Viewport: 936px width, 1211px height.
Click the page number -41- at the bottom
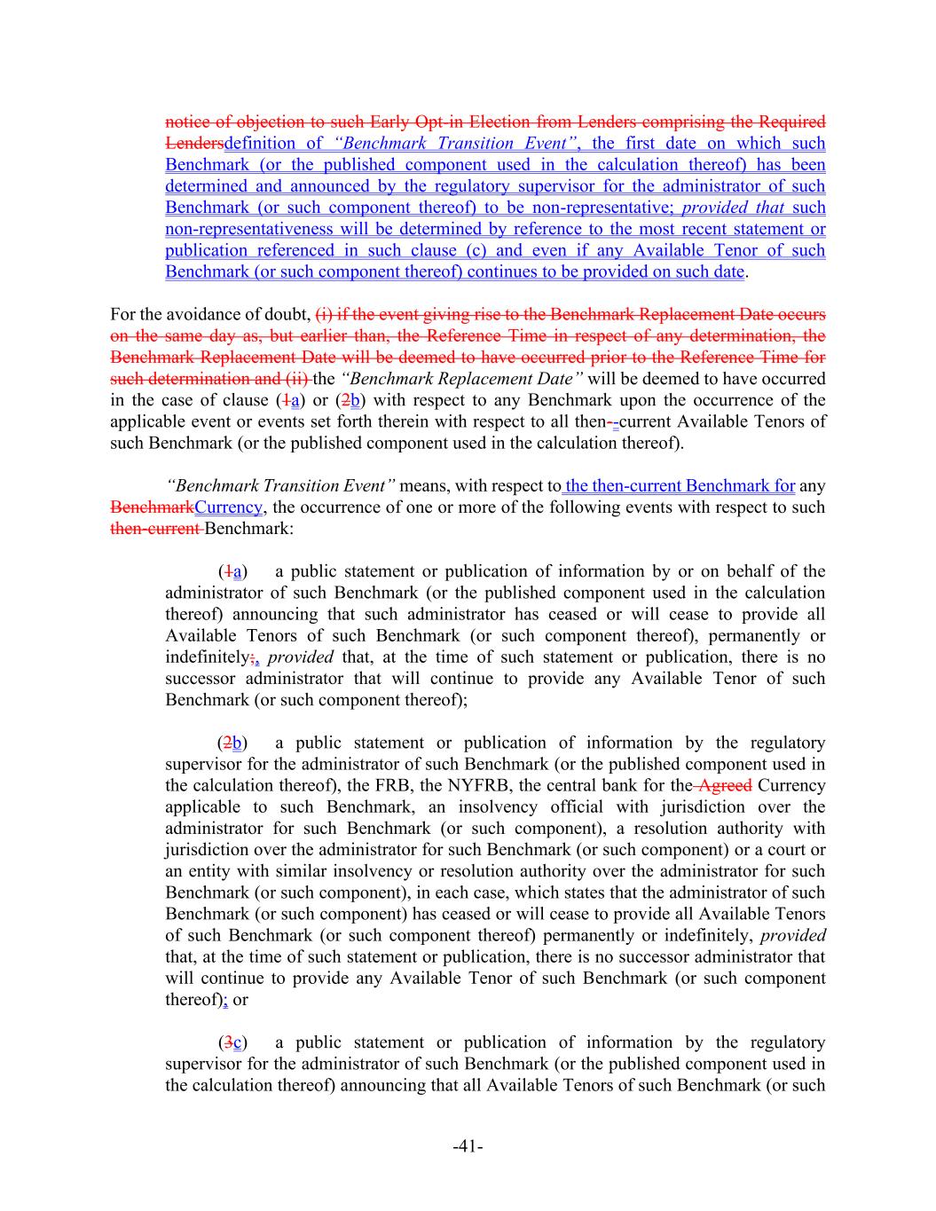468,1147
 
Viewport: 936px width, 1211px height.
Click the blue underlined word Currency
229,507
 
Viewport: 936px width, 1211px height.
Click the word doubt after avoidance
286,314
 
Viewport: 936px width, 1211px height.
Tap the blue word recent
662,229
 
